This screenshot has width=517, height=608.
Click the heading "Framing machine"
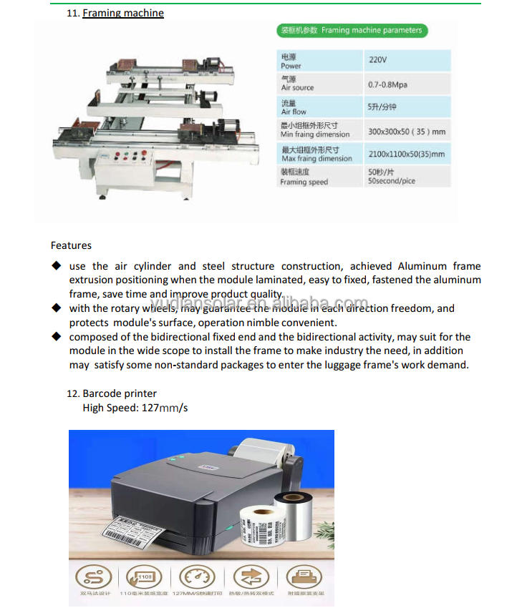(x=123, y=13)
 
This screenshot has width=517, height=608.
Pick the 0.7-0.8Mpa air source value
(x=387, y=84)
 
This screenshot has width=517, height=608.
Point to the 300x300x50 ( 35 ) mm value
(x=406, y=132)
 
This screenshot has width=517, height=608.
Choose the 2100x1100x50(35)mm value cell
(x=406, y=154)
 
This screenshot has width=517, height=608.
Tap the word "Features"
(x=71, y=245)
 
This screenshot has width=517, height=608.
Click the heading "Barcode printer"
(x=120, y=393)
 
